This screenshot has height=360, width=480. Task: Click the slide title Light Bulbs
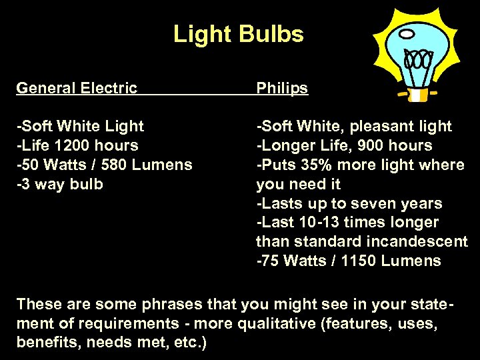[x=238, y=34]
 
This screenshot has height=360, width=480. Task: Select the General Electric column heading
[x=77, y=88]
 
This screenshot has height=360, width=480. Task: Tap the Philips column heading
[x=282, y=88]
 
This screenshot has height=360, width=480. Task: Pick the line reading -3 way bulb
[x=60, y=184]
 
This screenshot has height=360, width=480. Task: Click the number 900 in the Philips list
[x=374, y=145]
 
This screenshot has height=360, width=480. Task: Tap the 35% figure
[x=309, y=165]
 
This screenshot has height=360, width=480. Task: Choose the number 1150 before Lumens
[x=359, y=261]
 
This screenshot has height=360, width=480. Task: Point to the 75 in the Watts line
[x=270, y=261]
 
